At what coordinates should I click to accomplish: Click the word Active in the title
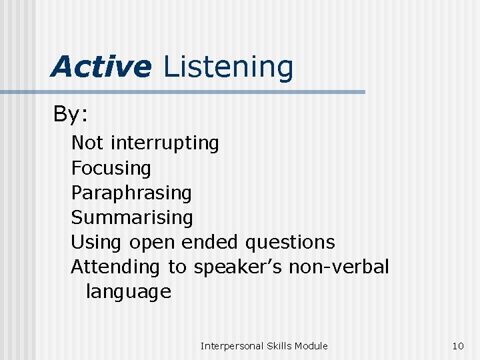point(101,67)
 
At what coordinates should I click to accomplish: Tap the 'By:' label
point(71,115)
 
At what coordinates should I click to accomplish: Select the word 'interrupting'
point(165,143)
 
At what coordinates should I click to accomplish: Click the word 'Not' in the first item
point(87,143)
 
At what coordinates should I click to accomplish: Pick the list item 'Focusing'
point(111,168)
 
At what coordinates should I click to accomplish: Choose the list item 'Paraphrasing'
point(131,193)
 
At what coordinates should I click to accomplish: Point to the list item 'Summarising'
point(132,217)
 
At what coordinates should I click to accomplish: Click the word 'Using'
point(97,243)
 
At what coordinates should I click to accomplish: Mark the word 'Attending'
point(115,267)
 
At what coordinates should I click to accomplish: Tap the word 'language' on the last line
point(128,292)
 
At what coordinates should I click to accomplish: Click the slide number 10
point(457,345)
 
